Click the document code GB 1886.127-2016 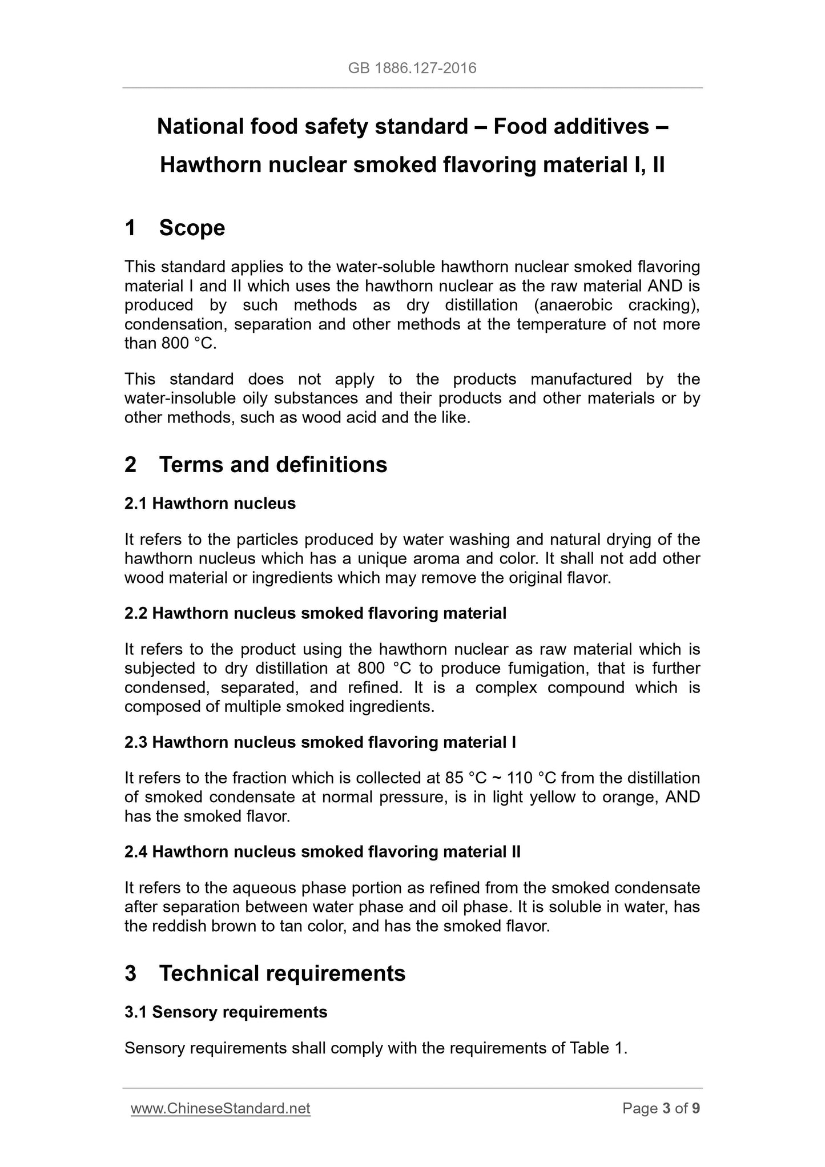tap(412, 69)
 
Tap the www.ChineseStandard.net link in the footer tap(220, 1108)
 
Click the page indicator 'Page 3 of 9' tap(661, 1108)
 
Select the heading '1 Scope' tap(175, 228)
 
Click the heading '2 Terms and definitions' tap(256, 465)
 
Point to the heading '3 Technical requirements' tap(265, 973)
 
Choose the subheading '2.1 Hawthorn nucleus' tap(210, 503)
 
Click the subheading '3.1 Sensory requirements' tap(226, 1012)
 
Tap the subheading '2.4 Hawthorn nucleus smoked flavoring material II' tap(323, 851)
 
